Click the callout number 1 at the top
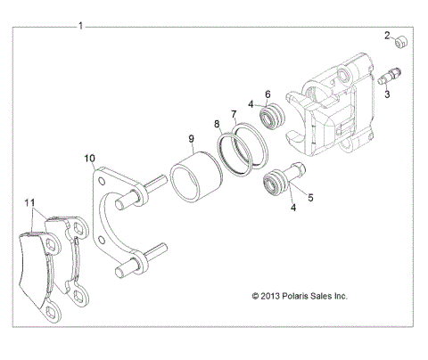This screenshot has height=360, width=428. [x=81, y=26]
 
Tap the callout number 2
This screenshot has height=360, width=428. [x=388, y=36]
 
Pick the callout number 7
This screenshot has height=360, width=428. [x=235, y=114]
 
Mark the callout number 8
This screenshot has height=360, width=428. [x=217, y=126]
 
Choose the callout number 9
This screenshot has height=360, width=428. [x=191, y=138]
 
